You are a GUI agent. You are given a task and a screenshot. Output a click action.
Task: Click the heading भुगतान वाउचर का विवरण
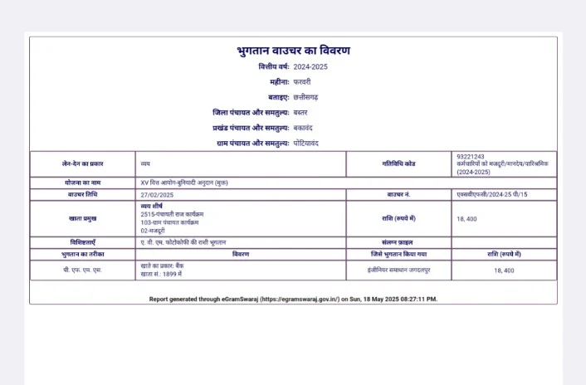pos(293,51)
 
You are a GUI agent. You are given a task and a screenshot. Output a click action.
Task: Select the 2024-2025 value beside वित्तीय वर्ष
pos(310,66)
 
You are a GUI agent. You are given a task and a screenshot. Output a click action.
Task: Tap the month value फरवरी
pos(302,81)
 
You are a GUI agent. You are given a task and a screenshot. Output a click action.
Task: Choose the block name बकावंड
pos(303,128)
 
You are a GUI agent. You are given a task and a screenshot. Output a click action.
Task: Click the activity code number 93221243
pos(471,156)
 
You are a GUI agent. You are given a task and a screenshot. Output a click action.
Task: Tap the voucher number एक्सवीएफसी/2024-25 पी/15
pos(492,194)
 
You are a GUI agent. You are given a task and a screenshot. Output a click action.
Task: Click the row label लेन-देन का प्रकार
pos(83,164)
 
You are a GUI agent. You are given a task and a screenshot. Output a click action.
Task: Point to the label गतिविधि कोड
pos(399,164)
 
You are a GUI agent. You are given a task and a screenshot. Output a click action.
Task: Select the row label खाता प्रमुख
pos(83,218)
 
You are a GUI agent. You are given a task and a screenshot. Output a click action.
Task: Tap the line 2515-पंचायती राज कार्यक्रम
pos(172,214)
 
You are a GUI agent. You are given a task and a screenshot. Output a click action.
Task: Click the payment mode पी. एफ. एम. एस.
pos(83,270)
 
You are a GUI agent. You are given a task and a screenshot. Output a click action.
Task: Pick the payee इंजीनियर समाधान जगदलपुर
pos(399,270)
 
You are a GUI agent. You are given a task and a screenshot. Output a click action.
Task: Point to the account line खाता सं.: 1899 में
pos(161,273)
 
